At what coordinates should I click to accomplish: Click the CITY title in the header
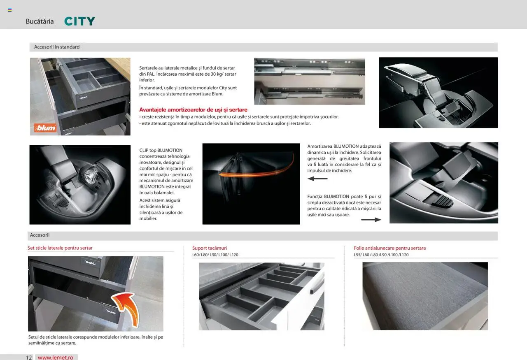coord(80,21)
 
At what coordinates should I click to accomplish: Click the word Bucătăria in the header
coord(40,21)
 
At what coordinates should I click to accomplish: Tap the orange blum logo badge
coord(45,128)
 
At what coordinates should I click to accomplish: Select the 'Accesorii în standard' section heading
coord(57,47)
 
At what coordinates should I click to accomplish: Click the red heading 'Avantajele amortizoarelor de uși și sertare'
coord(193,110)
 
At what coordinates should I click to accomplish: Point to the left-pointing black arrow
coord(317,179)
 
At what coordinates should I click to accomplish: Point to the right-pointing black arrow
coord(371,220)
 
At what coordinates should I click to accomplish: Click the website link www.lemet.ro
coord(56,358)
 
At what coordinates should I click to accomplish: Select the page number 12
coord(29,358)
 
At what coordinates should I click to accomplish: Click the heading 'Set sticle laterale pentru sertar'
coord(60,248)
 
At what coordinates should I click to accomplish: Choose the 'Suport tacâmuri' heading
coord(210,248)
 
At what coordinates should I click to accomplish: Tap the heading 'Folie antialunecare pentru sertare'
coord(390,248)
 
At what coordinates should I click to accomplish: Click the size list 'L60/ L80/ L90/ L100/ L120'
coord(215,255)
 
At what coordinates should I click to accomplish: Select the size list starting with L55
coord(381,255)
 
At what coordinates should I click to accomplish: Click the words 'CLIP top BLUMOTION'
coord(161,150)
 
